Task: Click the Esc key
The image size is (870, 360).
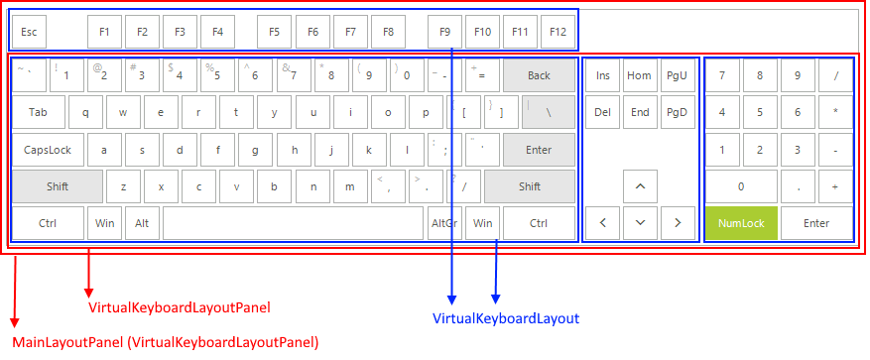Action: click(29, 32)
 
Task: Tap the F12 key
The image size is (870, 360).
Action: click(558, 32)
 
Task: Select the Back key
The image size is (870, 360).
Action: click(539, 75)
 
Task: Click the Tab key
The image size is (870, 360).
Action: click(39, 112)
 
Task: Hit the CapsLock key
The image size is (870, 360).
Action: click(48, 150)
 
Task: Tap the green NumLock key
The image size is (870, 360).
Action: click(741, 223)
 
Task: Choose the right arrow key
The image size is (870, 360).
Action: click(678, 223)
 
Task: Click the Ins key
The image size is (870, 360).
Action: click(602, 75)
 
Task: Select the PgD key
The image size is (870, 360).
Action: click(678, 112)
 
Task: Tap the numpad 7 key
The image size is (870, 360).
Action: click(722, 75)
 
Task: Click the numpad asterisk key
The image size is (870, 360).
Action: click(835, 112)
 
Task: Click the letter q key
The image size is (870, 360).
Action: click(85, 112)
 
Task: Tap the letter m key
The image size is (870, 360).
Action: click(350, 186)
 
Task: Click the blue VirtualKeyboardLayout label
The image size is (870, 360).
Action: click(506, 318)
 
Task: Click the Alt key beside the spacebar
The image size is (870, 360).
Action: click(143, 223)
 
